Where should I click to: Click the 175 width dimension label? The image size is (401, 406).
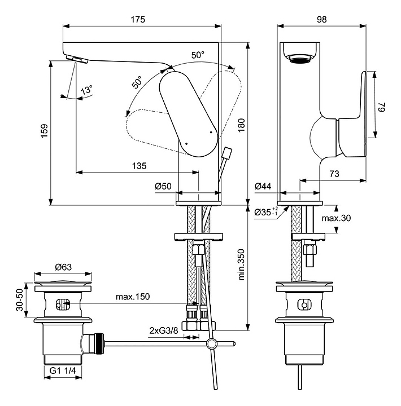138,19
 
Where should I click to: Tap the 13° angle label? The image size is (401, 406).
86,90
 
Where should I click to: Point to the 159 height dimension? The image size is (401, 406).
43,133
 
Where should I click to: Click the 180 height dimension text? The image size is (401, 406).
241,128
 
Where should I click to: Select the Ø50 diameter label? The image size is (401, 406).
164,187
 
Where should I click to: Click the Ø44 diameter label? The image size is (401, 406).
263,187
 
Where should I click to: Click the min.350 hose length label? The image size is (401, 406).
241,266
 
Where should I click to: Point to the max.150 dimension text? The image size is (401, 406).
133,297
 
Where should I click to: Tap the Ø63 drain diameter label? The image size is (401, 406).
62,268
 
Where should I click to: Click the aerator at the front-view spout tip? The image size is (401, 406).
74,59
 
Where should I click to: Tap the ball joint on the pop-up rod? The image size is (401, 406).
211,343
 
